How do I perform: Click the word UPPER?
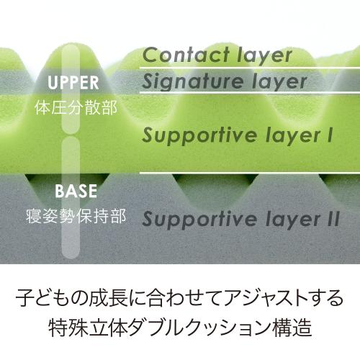tap(73, 83)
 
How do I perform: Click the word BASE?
tap(76, 191)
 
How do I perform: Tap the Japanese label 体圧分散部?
tap(76, 108)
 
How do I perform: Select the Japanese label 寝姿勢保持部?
tap(76, 216)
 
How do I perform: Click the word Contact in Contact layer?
tap(186, 55)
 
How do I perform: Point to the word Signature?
tap(192, 81)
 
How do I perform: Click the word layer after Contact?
tap(265, 55)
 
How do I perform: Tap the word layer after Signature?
tap(279, 82)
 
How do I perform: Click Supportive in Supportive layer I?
tap(199, 135)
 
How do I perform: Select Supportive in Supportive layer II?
tap(199, 219)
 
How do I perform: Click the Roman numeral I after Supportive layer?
tap(330, 135)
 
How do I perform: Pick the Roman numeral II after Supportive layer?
tap(333, 218)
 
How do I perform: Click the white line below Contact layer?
tap(250, 68)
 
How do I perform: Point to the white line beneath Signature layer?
tap(250, 92)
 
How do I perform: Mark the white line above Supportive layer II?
tap(250, 173)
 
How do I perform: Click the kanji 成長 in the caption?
tap(107, 298)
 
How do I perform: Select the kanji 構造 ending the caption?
tap(292, 327)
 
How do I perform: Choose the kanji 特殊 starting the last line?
tap(68, 327)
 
